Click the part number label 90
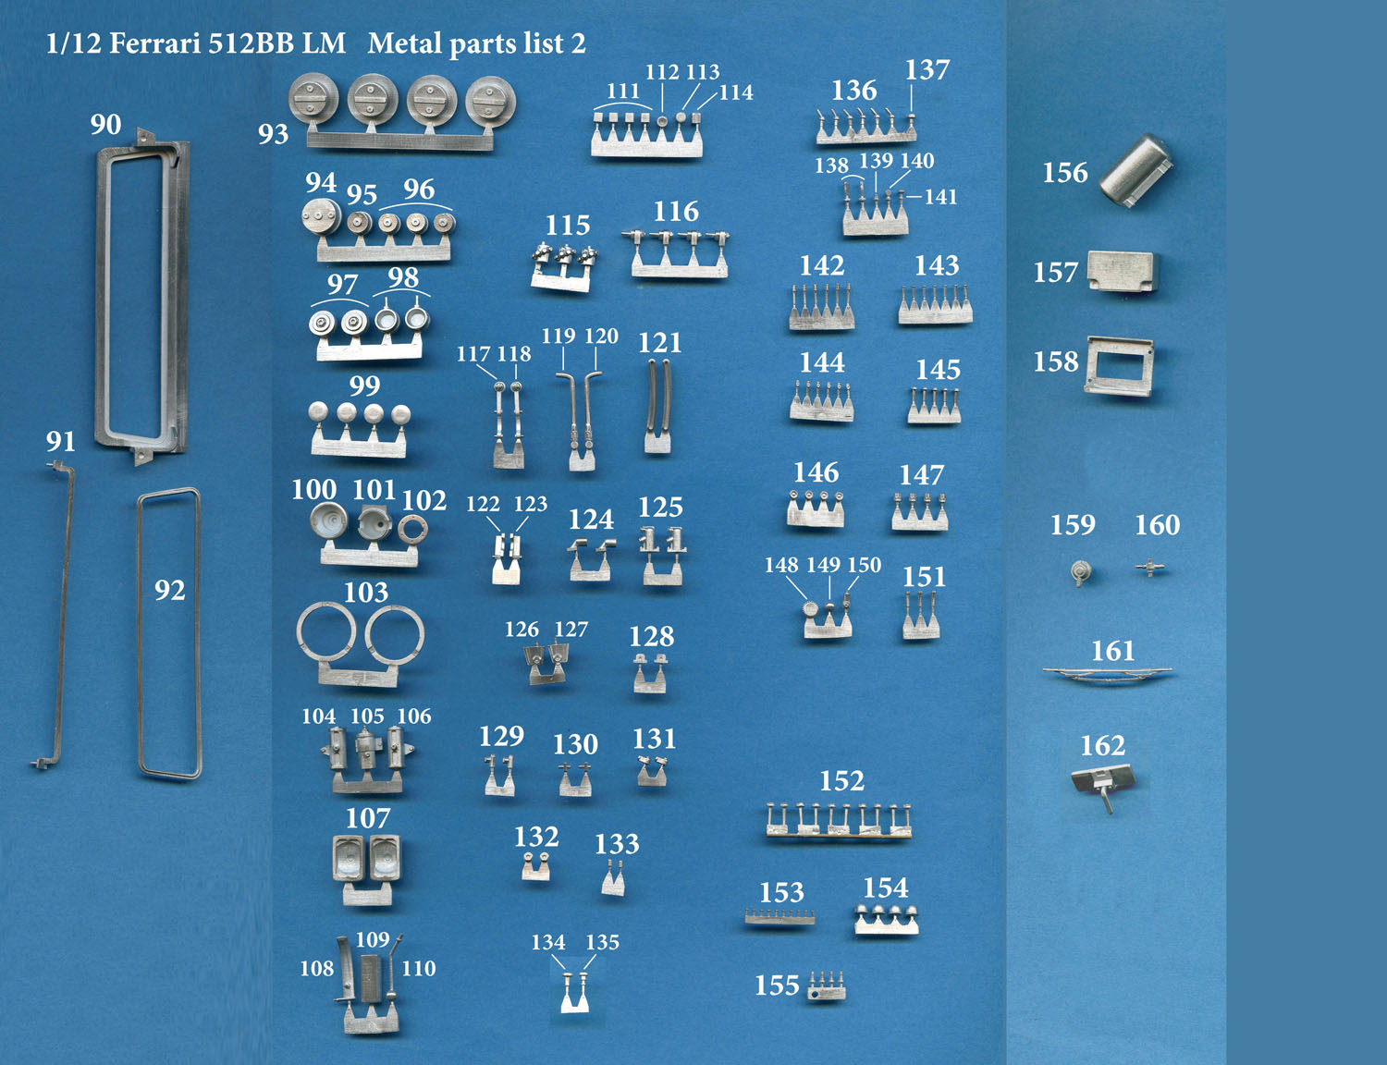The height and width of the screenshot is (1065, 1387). point(105,125)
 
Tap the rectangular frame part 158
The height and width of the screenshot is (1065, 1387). point(1119,366)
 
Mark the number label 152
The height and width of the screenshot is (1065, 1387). point(841,780)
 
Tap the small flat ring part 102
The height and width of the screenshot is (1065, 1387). point(412,529)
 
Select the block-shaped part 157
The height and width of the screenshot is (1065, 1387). point(1123,271)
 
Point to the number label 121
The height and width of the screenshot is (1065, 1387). point(660,343)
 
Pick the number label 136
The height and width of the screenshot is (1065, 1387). point(854,91)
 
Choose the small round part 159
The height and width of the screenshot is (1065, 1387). point(1080,571)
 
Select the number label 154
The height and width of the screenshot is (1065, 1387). point(885,887)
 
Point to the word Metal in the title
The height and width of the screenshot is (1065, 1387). point(406,44)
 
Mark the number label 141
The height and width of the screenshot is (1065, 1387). point(940,197)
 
